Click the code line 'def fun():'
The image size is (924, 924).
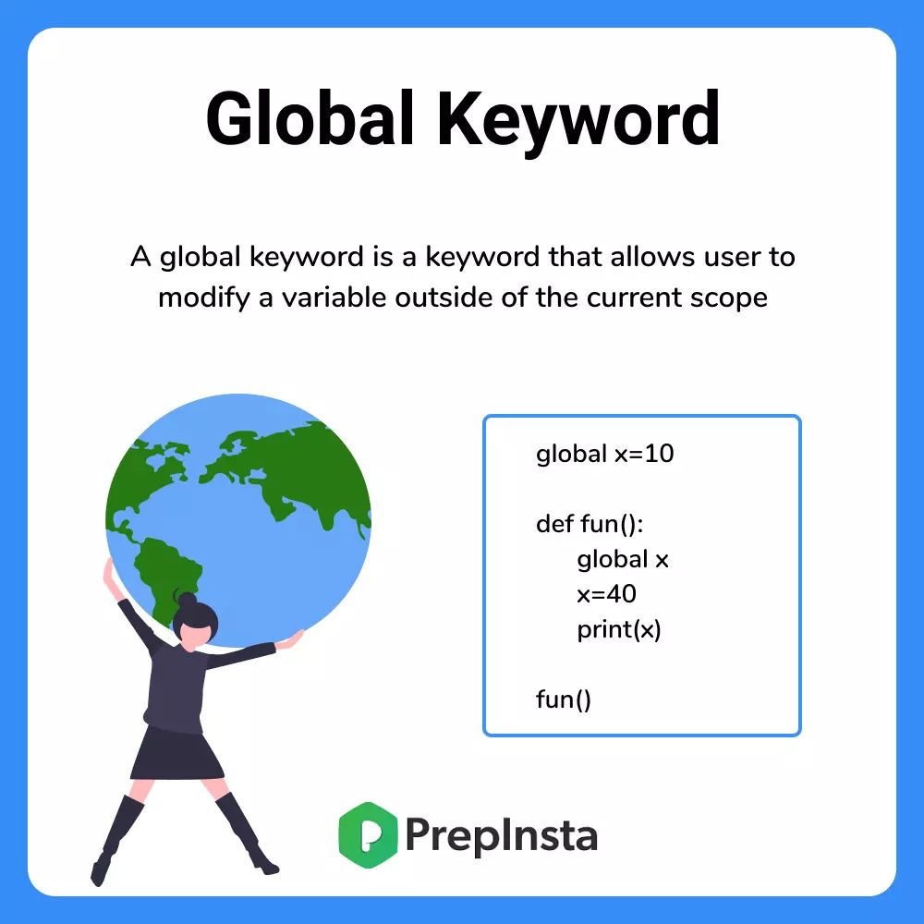pyautogui.click(x=589, y=524)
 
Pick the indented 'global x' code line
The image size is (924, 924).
pyautogui.click(x=623, y=559)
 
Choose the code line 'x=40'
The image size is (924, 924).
pyautogui.click(x=606, y=594)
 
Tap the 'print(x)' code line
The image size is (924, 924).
pyautogui.click(x=619, y=630)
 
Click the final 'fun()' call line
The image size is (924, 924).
pyautogui.click(x=563, y=699)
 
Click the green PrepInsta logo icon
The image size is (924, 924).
pyautogui.click(x=367, y=835)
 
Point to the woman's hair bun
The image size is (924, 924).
pyautogui.click(x=188, y=601)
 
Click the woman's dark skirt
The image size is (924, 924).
pyautogui.click(x=177, y=752)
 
